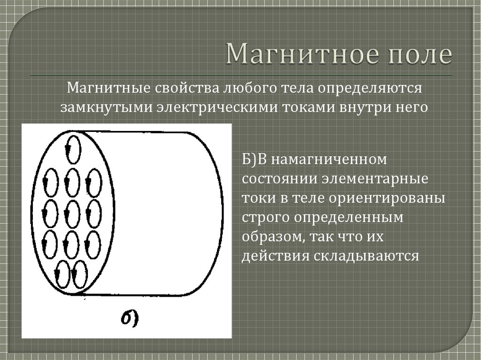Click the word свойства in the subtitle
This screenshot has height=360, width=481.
[187, 88]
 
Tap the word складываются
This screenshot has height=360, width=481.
[366, 256]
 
